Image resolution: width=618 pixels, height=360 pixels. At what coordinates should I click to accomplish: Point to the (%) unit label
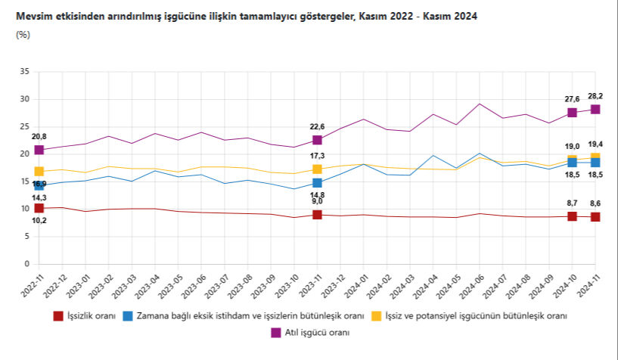(x=22, y=35)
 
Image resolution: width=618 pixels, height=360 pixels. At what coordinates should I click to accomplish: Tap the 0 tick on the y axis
(x=26, y=265)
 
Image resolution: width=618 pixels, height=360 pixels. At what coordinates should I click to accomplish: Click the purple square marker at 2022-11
(x=39, y=150)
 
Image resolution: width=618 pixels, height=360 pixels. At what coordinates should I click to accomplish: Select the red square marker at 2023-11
(x=317, y=215)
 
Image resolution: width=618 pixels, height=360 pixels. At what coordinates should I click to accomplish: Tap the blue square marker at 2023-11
(x=317, y=183)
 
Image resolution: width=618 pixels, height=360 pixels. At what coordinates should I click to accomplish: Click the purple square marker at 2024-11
(x=595, y=109)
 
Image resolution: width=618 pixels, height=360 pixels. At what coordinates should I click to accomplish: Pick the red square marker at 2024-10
(x=572, y=216)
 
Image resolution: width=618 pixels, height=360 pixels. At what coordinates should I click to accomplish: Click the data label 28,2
(x=595, y=96)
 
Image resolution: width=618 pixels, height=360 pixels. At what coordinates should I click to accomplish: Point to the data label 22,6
(x=317, y=127)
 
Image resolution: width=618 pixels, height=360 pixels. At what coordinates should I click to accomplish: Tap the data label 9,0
(x=317, y=201)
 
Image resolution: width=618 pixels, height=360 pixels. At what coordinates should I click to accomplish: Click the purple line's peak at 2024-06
(x=480, y=104)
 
